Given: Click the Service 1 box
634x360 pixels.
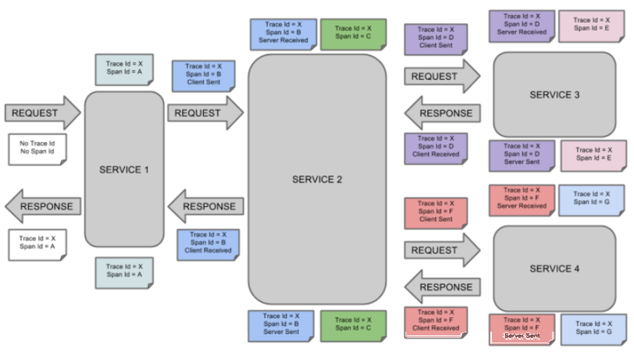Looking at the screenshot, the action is pyautogui.click(x=124, y=169).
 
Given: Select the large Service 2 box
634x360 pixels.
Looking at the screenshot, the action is pyautogui.click(x=317, y=179).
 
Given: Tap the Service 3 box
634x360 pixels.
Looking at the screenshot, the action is pyautogui.click(x=554, y=94).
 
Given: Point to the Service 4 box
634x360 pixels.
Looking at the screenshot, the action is pyautogui.click(x=554, y=269).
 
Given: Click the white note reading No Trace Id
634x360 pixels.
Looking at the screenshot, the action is pyautogui.click(x=37, y=150).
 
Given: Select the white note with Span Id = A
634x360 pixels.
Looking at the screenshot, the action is pyautogui.click(x=37, y=245).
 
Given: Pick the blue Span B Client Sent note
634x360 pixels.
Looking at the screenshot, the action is pyautogui.click(x=203, y=76).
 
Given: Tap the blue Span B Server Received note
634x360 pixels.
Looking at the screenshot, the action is pyautogui.click(x=283, y=34).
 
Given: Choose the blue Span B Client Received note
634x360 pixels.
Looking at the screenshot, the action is pyautogui.click(x=208, y=245).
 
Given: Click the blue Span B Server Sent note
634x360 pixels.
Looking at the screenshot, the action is pyautogui.click(x=281, y=326).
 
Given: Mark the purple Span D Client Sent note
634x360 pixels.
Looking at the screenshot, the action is pyautogui.click(x=436, y=39).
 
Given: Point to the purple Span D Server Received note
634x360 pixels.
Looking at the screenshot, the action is pyautogui.click(x=522, y=26).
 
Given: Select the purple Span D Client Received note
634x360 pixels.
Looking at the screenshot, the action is pyautogui.click(x=436, y=149).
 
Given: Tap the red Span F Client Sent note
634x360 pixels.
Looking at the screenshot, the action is pyautogui.click(x=436, y=213).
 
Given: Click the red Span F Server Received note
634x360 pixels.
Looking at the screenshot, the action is pyautogui.click(x=522, y=200).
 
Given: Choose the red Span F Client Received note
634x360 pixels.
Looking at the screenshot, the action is pyautogui.click(x=436, y=322).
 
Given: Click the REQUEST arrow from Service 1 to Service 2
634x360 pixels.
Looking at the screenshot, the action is pyautogui.click(x=205, y=112).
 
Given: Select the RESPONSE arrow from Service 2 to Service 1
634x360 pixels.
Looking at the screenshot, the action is pyautogui.click(x=205, y=206).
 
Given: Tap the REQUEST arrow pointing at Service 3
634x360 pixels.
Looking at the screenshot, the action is pyautogui.click(x=442, y=76).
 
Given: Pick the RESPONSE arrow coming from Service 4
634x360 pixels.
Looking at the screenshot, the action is pyautogui.click(x=442, y=287).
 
